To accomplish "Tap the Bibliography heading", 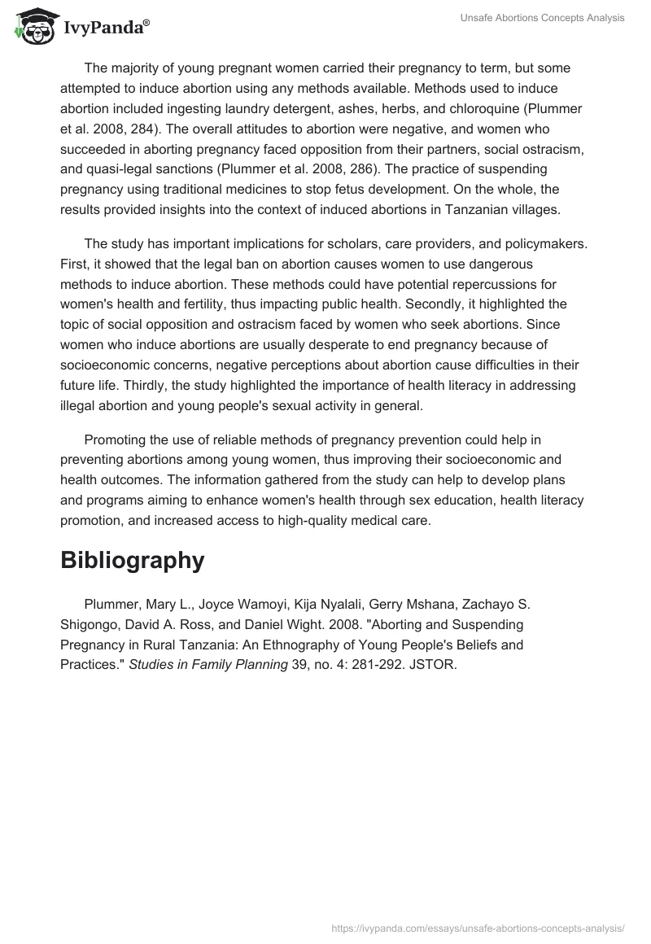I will click(132, 560).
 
